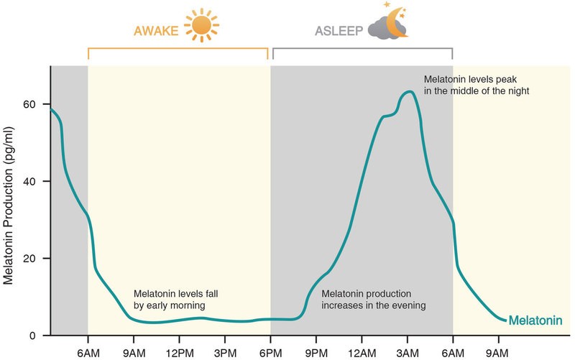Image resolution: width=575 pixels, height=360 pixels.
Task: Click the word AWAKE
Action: [x=156, y=31]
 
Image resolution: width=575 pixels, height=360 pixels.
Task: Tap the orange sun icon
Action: [x=201, y=26]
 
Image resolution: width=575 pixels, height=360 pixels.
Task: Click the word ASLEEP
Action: [x=339, y=31]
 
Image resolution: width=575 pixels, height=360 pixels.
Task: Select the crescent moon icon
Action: [x=397, y=23]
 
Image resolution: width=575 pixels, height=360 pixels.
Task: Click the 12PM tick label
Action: [x=179, y=354]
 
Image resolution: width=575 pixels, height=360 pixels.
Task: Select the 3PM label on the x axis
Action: [x=225, y=354]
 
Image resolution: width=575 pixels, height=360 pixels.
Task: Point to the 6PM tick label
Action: [x=271, y=354]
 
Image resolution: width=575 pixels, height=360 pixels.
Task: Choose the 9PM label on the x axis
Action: [x=316, y=354]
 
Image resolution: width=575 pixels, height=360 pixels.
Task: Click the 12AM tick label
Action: [x=362, y=354]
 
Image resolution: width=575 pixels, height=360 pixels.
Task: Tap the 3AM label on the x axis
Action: [x=408, y=354]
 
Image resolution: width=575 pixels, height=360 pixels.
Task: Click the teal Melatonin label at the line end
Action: [x=535, y=320]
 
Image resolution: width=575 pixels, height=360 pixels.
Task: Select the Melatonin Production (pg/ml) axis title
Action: [x=8, y=206]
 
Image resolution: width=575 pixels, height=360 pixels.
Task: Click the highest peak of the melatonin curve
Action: [x=408, y=92]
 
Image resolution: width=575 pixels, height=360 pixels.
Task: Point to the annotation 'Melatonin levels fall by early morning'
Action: [x=175, y=300]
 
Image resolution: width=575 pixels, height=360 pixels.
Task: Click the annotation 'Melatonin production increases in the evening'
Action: [x=374, y=300]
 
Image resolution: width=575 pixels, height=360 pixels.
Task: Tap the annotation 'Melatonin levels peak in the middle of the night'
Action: [x=477, y=85]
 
